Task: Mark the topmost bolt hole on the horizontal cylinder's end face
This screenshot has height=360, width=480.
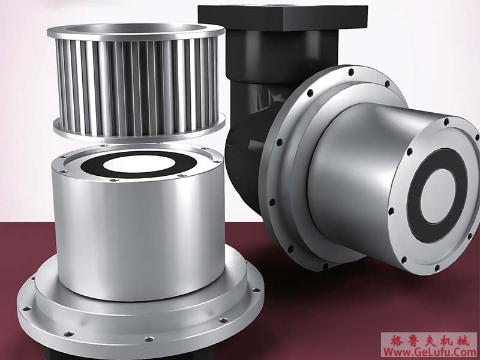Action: coord(446,122)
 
